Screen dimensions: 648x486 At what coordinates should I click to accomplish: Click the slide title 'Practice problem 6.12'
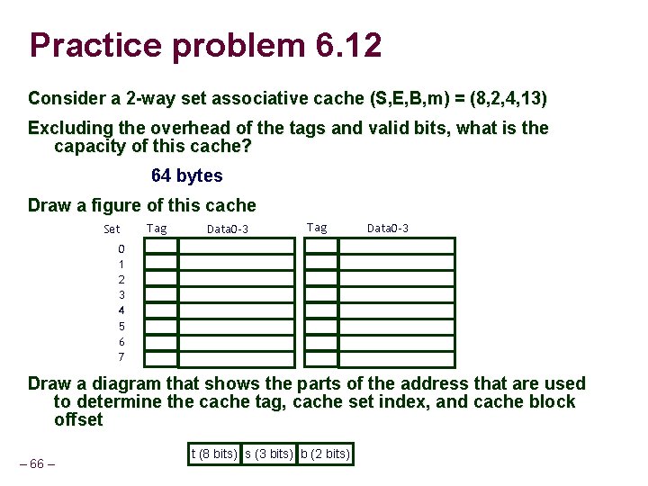pos(205,45)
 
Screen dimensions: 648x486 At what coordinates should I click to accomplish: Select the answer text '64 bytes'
pos(187,175)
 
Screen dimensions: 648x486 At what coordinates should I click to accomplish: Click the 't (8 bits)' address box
pos(213,454)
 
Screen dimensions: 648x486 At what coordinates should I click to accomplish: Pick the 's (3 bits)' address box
pos(267,454)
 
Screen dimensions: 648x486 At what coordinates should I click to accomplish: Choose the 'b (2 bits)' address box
pos(324,454)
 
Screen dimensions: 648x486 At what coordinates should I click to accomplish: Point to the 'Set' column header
pos(112,229)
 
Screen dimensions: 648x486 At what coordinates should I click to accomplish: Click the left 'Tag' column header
pos(157,228)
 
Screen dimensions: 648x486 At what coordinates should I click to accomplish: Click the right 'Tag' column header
pos(317,228)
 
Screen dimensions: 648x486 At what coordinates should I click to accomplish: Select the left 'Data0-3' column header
pos(227,229)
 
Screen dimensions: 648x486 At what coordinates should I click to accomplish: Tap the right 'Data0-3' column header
pos(388,228)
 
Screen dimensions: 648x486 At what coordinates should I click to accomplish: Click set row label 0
pos(121,249)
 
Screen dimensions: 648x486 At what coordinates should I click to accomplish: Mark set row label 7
pos(121,357)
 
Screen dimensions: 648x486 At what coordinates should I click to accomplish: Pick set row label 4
pos(121,310)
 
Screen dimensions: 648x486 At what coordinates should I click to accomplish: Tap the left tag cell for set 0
pos(162,247)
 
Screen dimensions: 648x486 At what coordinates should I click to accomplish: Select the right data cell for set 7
pos(396,358)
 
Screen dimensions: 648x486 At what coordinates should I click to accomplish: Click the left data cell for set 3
pos(236,294)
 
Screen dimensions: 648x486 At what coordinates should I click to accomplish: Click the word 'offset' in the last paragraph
pos(78,420)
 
